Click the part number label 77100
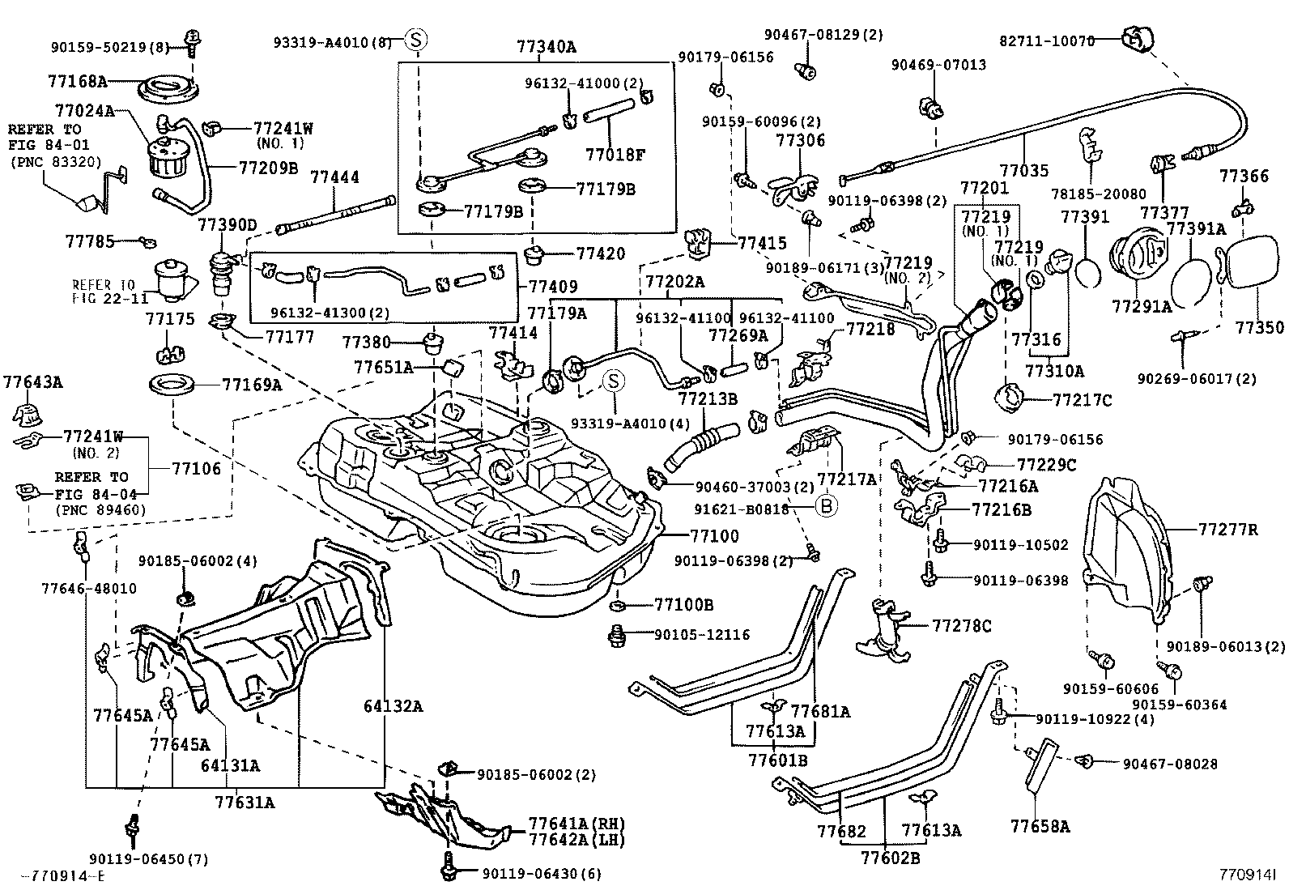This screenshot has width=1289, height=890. pos(714,535)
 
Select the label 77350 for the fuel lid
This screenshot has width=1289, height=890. pos(1259,327)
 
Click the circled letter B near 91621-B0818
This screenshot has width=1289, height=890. pos(825,506)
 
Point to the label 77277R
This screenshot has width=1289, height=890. pos(1228,530)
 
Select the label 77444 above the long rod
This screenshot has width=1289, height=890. pos(335,178)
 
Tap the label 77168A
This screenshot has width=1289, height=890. pos(78,81)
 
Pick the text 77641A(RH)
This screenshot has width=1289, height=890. pos(576,823)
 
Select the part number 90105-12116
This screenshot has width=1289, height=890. pos(702,636)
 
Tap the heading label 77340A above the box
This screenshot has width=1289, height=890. pos(546,47)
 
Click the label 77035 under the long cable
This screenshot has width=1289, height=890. pos(1023,170)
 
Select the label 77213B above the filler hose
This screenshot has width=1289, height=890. pos(708,398)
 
